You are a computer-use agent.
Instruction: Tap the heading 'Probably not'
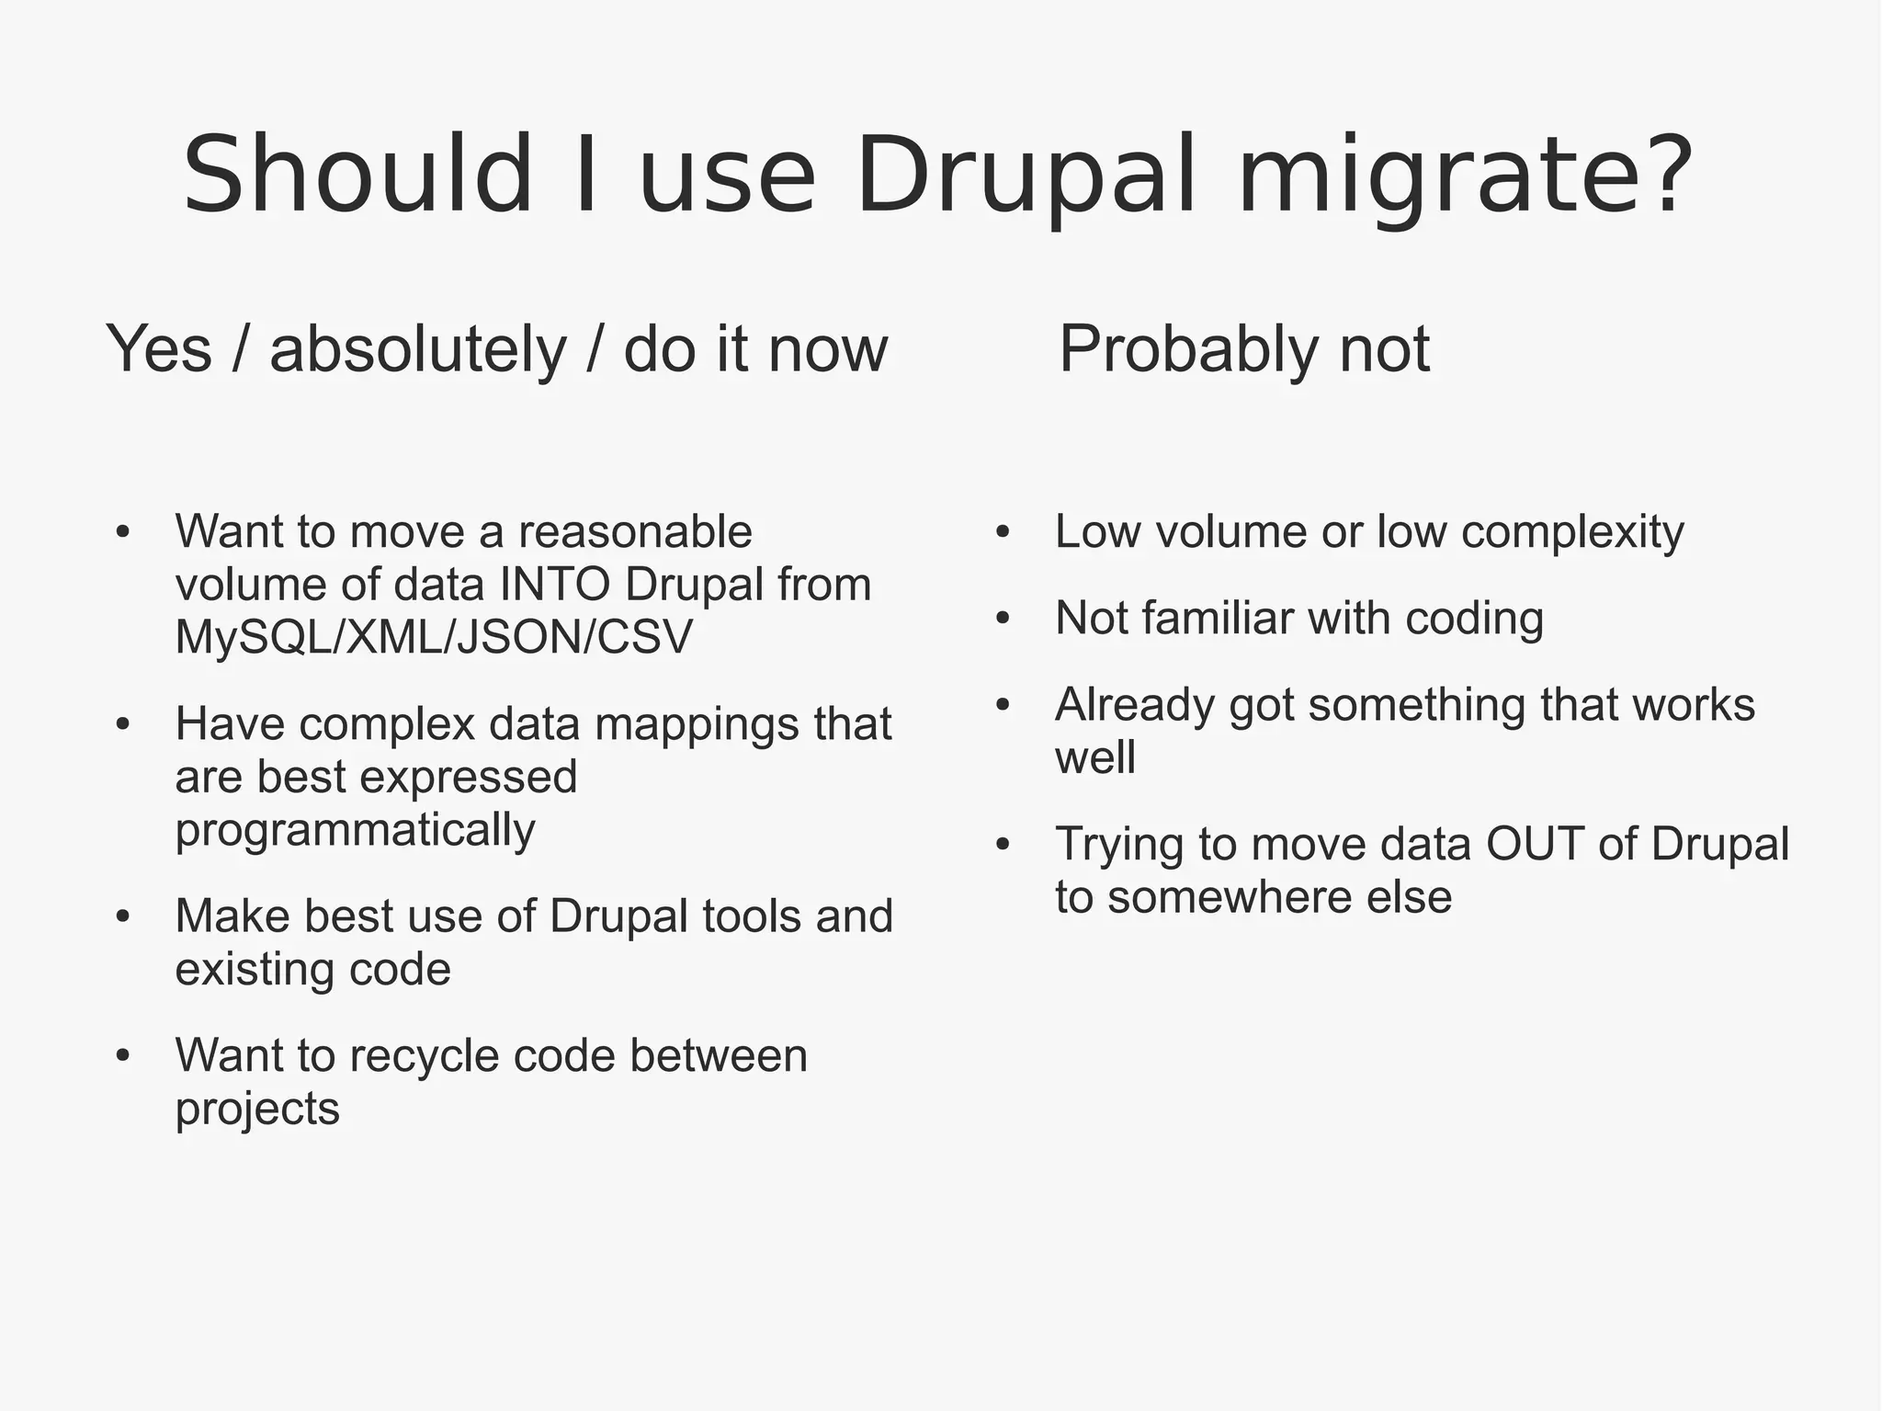coord(1244,350)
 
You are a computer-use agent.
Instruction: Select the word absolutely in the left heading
coord(418,350)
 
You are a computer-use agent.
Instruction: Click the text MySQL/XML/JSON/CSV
coord(434,637)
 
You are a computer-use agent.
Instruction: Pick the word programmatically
coord(355,830)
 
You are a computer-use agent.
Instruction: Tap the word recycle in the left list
coord(430,1056)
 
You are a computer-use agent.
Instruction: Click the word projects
coord(257,1109)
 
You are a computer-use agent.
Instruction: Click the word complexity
coord(1572,532)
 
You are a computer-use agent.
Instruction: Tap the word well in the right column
coord(1095,758)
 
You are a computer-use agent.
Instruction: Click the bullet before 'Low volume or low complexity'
coord(1003,532)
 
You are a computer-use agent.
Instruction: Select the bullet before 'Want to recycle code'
coord(123,1056)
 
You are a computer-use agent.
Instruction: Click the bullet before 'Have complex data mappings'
coord(123,724)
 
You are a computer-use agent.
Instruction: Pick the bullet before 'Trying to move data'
coord(1003,844)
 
